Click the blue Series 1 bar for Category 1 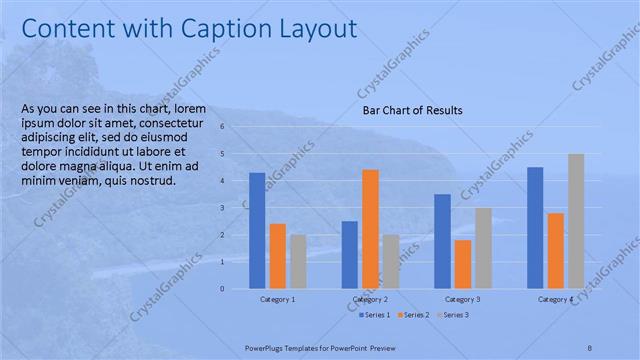(x=257, y=231)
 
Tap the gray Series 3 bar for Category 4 (x=576, y=221)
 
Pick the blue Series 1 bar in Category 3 (x=442, y=241)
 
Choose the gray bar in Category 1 (x=298, y=262)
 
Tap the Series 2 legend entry (x=415, y=314)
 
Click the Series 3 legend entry (x=452, y=314)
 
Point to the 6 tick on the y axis (x=237, y=127)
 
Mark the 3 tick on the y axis (x=237, y=208)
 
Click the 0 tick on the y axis (x=237, y=289)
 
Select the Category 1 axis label (x=277, y=299)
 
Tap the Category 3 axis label (x=462, y=299)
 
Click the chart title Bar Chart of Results (x=412, y=111)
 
